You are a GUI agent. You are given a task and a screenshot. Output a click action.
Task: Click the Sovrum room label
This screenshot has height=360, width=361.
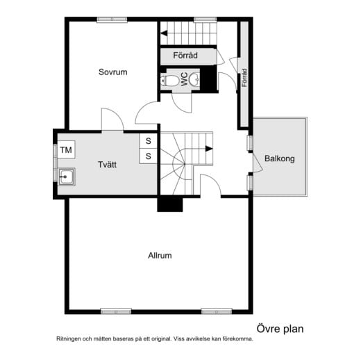coord(113,72)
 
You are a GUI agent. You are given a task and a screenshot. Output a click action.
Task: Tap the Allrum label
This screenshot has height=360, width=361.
coord(160,256)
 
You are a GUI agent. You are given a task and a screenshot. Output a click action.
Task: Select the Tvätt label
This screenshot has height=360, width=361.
coord(107,165)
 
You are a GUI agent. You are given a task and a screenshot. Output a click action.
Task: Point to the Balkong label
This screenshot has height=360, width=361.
coord(280,158)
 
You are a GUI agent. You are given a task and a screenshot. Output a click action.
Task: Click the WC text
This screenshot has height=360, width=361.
coord(184,79)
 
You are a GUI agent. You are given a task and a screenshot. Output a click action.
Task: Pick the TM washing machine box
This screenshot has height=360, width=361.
coord(66,150)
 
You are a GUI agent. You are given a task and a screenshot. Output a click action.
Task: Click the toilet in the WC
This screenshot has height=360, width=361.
coord(169,81)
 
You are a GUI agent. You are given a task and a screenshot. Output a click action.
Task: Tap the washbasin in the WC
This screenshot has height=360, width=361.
coord(194,79)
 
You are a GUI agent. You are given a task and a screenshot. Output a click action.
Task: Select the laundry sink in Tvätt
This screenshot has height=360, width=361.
coord(67,177)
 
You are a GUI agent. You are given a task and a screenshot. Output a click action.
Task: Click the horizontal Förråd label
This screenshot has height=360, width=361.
coord(185,56)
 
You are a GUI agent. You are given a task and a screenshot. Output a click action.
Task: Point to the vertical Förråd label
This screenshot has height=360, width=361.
coord(244,78)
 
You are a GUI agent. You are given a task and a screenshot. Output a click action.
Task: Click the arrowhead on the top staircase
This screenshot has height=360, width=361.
coord(164,33)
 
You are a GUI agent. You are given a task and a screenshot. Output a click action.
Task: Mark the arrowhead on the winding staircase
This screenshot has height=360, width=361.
coord(209,149)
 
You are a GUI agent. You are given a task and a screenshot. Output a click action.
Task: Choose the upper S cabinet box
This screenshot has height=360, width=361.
coord(148,141)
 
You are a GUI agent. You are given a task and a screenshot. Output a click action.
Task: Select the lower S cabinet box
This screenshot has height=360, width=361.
coord(148,156)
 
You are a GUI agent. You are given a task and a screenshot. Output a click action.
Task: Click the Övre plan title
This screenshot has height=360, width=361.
coord(280,329)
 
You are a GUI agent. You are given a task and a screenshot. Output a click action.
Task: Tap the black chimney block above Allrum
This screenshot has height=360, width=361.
coord(170,204)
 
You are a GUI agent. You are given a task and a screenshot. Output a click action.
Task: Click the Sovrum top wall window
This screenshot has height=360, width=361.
coord(112,19)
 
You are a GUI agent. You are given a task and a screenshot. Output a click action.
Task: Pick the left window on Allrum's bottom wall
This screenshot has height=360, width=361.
coord(116,311)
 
